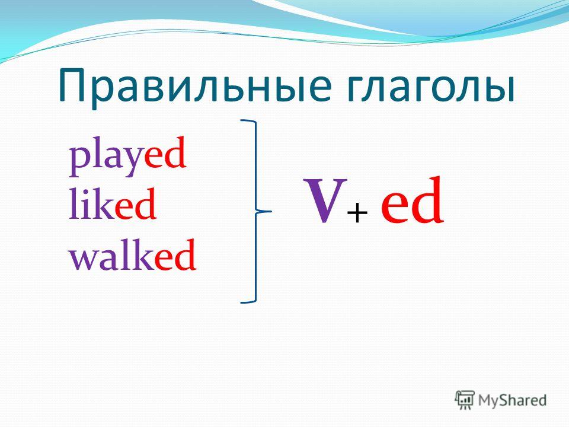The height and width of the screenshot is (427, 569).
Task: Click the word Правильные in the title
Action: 195,87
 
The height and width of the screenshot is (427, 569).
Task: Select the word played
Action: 128,156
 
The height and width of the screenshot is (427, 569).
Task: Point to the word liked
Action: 113,203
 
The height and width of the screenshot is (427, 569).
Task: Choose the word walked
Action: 133,255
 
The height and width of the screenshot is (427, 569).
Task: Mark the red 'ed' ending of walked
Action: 175,255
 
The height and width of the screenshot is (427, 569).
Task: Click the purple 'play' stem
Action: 106,158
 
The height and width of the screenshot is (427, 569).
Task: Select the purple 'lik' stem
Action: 92,203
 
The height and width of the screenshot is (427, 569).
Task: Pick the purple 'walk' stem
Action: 112,255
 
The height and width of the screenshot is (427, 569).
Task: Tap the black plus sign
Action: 357,213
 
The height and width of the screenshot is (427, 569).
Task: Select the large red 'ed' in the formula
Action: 413,200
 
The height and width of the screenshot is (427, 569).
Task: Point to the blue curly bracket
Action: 256,211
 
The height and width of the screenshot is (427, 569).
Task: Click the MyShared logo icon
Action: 465,400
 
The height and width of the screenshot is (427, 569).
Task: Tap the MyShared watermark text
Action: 512,400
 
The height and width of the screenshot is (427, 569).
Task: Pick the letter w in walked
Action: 84,259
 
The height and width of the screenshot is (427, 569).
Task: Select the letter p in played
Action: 79,162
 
